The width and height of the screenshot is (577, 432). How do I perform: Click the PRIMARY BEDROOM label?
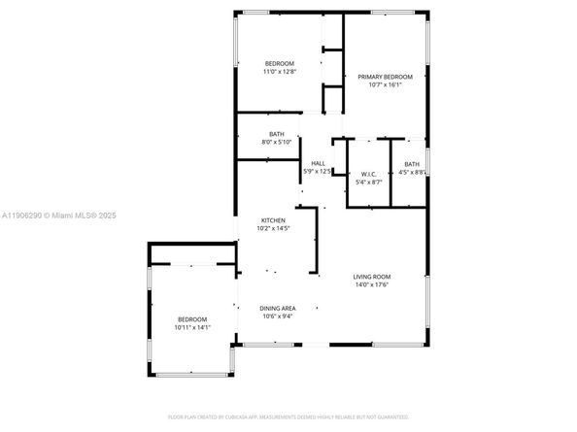(385, 77)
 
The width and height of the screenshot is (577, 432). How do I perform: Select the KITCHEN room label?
(272, 220)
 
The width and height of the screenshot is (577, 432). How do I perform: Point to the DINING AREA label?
(277, 308)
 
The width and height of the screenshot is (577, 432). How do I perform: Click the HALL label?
(318, 163)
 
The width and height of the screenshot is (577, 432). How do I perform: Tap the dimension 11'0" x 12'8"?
(279, 71)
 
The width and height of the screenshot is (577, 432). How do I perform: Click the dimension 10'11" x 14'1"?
(192, 327)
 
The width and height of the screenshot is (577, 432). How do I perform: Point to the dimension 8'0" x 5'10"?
(277, 143)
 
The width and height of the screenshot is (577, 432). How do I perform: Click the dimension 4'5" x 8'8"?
(413, 172)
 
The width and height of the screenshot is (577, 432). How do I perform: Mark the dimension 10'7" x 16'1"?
(385, 84)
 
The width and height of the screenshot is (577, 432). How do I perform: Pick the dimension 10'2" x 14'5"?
(272, 229)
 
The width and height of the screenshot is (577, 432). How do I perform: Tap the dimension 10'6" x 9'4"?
(277, 316)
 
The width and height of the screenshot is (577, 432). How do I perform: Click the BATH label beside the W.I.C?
(412, 164)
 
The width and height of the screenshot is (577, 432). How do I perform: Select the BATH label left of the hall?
(277, 135)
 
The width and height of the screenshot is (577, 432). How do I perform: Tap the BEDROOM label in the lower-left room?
(192, 319)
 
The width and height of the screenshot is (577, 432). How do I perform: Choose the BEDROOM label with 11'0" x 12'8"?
(279, 63)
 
